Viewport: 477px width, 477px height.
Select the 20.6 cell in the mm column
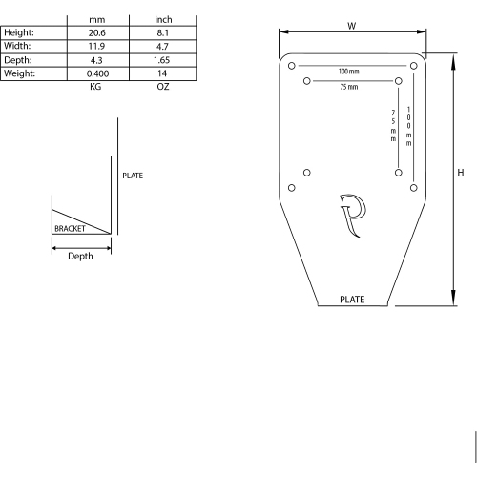[x=95, y=31]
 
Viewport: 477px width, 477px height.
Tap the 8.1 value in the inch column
[x=162, y=31]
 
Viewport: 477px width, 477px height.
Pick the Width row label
[x=18, y=45]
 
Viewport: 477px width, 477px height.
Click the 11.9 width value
[x=95, y=45]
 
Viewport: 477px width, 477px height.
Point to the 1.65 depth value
[x=162, y=59]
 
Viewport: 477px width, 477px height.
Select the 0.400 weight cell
[x=95, y=73]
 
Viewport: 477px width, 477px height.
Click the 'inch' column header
[x=162, y=18]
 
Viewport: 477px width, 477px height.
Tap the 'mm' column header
[x=95, y=18]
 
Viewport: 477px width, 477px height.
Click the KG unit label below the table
[x=95, y=86]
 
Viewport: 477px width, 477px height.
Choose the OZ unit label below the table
[x=162, y=86]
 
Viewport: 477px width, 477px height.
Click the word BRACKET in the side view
[x=70, y=230]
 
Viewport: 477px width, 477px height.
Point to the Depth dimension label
[x=81, y=256]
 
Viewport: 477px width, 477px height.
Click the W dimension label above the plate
[x=351, y=26]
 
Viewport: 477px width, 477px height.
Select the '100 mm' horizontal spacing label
[x=348, y=73]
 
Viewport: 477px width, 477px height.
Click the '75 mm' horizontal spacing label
[x=348, y=87]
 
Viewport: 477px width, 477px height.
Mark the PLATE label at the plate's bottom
[x=352, y=299]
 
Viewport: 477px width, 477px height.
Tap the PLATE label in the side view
[x=133, y=176]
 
